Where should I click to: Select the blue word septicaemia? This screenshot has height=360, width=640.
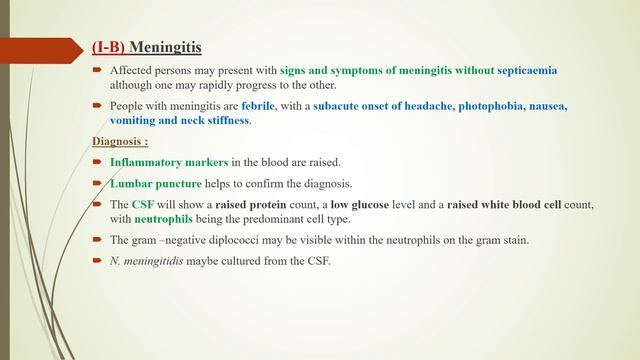click(x=524, y=71)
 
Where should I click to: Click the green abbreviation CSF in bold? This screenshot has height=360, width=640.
click(x=142, y=205)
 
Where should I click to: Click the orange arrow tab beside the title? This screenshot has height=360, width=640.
click(x=40, y=47)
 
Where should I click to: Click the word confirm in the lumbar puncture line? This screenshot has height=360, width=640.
click(x=278, y=183)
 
